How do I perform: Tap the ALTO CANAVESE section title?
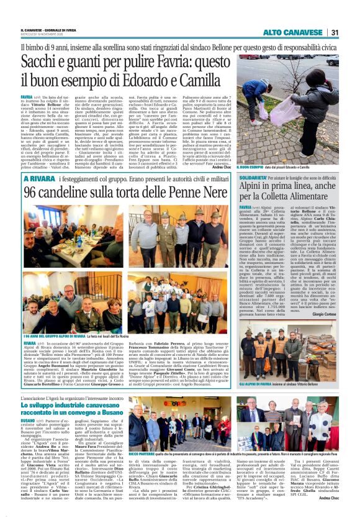(294, 32)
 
